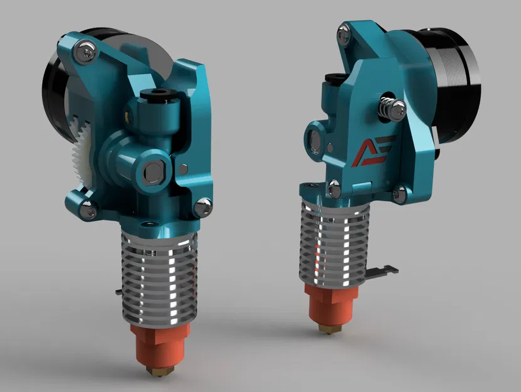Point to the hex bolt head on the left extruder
153,170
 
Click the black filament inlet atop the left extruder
152,95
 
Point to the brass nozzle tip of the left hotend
154,371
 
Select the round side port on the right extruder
315,139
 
